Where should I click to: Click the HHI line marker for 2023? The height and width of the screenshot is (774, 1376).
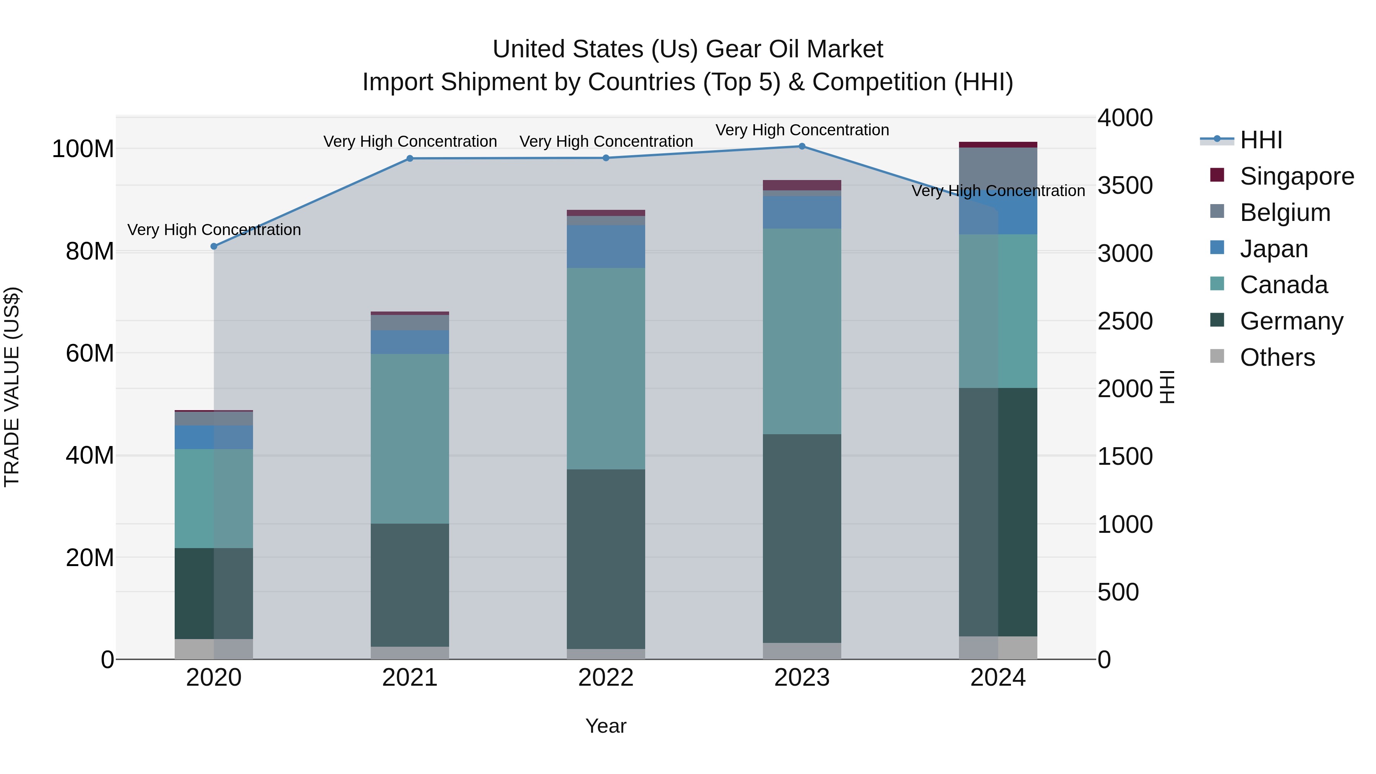click(x=802, y=146)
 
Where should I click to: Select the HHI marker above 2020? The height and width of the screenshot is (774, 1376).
click(x=214, y=246)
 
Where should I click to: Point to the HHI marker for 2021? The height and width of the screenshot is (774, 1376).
click(x=410, y=159)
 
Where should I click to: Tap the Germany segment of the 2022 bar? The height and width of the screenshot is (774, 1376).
click(x=606, y=559)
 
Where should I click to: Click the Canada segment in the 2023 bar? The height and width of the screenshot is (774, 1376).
click(x=802, y=331)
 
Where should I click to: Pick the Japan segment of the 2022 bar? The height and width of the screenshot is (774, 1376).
click(x=606, y=246)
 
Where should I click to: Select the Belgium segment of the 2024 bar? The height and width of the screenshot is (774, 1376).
click(x=998, y=168)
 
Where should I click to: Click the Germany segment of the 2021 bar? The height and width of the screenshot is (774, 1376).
click(x=410, y=585)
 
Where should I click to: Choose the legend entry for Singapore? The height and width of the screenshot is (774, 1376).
click(x=1296, y=176)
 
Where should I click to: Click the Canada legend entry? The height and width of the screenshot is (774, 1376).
click(x=1283, y=285)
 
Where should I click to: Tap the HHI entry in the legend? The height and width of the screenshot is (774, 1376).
click(x=1261, y=140)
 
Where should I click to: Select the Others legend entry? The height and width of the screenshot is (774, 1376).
click(x=1277, y=357)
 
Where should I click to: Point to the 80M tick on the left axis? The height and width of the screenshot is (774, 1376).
click(x=90, y=251)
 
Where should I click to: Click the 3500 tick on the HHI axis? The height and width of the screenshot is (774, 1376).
click(x=1125, y=185)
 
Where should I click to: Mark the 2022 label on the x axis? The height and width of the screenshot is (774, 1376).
click(x=606, y=678)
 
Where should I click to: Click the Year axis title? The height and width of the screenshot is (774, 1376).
click(x=606, y=726)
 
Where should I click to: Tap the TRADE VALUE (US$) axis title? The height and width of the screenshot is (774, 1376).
click(x=12, y=387)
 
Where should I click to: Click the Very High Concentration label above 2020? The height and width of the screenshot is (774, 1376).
click(x=214, y=230)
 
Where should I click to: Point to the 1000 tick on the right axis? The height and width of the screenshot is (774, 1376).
click(x=1125, y=524)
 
